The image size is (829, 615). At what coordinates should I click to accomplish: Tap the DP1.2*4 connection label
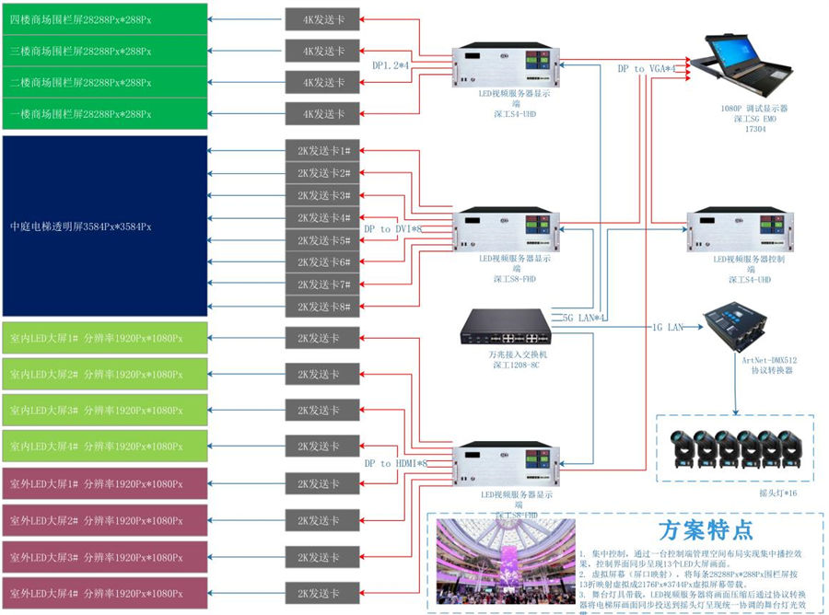391,66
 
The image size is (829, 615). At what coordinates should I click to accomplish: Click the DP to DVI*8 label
392,229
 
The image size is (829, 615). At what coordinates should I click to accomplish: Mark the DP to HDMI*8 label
396,463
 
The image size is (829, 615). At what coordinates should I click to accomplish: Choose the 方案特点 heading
706,530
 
